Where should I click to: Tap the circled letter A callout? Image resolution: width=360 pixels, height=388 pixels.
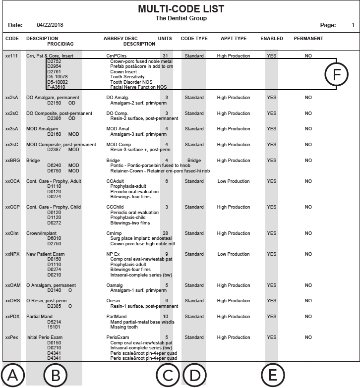tap(12, 375)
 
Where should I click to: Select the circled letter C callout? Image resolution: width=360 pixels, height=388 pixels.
tap(168, 375)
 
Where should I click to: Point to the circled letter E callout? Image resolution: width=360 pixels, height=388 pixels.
tap(272, 375)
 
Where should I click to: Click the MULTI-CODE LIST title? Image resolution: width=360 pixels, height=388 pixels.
tap(181, 9)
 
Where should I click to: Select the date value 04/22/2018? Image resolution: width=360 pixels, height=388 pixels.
tap(50, 25)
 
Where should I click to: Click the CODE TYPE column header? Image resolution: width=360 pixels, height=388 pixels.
tap(194, 39)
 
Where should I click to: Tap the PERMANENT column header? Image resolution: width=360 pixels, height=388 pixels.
tap(308, 39)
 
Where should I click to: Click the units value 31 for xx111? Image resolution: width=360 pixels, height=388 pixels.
tap(165, 56)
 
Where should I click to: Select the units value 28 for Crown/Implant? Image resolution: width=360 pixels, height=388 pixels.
tap(165, 233)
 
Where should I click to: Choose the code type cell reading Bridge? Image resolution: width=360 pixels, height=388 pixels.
tap(194, 161)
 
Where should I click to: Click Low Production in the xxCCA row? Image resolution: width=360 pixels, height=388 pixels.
tap(233, 181)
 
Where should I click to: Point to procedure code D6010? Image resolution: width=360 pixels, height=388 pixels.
tap(54, 238)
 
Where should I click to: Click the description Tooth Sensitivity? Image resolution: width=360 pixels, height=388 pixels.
tap(127, 77)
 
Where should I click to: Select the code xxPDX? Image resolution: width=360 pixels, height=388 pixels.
tap(12, 317)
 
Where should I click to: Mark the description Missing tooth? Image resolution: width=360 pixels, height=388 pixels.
tap(125, 327)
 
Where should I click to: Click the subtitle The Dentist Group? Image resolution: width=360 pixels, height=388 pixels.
tap(181, 18)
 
